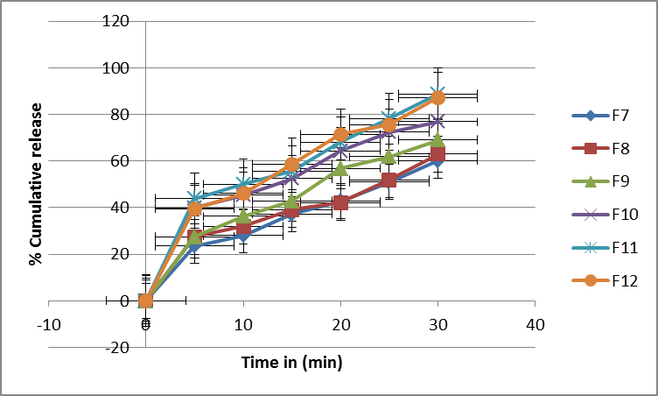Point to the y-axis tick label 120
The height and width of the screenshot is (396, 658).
(115, 21)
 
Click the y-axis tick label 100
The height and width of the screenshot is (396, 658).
(115, 67)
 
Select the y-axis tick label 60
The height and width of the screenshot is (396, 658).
(119, 160)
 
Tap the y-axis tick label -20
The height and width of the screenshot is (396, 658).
(117, 347)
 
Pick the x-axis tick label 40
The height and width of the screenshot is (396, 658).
(535, 324)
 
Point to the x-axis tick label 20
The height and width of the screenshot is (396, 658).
(341, 324)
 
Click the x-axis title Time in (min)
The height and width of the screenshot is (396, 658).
(292, 362)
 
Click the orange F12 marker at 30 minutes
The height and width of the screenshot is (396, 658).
(437, 97)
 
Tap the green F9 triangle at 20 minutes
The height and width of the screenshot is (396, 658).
(341, 168)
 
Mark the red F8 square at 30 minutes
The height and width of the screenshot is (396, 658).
(437, 155)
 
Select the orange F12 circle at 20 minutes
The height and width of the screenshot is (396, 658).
(341, 135)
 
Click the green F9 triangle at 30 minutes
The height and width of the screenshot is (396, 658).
(437, 140)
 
